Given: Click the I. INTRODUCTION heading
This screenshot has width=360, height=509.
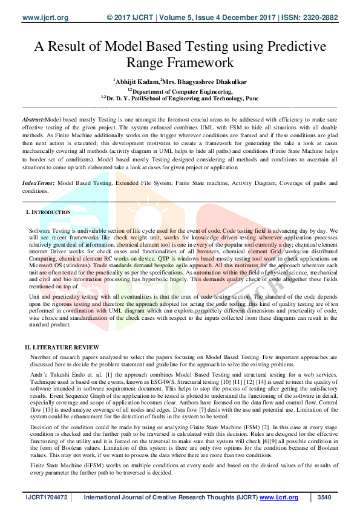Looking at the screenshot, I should (48, 213).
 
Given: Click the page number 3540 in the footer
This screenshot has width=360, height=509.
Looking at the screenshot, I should (326, 498).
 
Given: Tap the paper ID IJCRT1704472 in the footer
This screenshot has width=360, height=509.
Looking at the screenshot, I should (46, 498).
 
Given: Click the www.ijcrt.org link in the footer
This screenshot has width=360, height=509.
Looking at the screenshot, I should (279, 498).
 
